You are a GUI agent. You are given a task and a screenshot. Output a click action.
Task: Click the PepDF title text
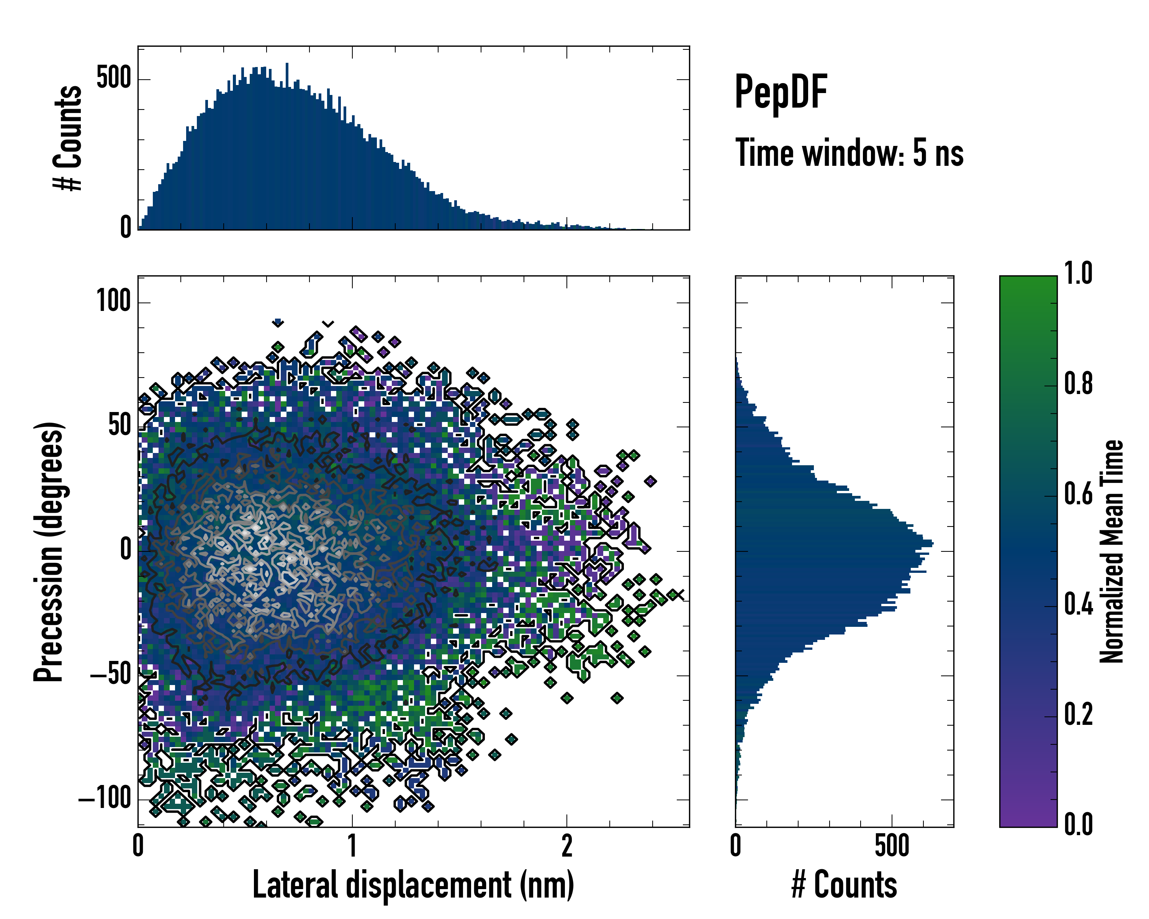coord(781,92)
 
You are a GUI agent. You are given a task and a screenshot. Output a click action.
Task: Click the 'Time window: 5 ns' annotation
coord(849,153)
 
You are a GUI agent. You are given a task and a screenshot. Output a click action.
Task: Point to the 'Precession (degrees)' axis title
coord(49,551)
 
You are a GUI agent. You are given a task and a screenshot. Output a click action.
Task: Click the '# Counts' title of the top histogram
coord(68,138)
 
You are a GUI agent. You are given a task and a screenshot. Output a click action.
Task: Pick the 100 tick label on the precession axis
coord(113,301)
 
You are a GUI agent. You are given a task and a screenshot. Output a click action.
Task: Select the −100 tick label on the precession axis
coord(105,799)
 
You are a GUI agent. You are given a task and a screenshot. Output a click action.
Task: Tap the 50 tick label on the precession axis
coord(119,426)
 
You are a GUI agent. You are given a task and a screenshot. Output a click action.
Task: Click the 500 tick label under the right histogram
coord(892,847)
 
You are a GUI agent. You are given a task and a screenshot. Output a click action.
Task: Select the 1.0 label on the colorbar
coord(1078,273)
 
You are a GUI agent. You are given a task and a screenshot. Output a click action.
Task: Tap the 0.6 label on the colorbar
coord(1078,494)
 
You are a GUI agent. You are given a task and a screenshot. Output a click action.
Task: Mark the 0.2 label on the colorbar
coord(1078,715)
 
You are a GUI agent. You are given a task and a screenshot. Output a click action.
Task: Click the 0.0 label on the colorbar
coord(1078,825)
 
